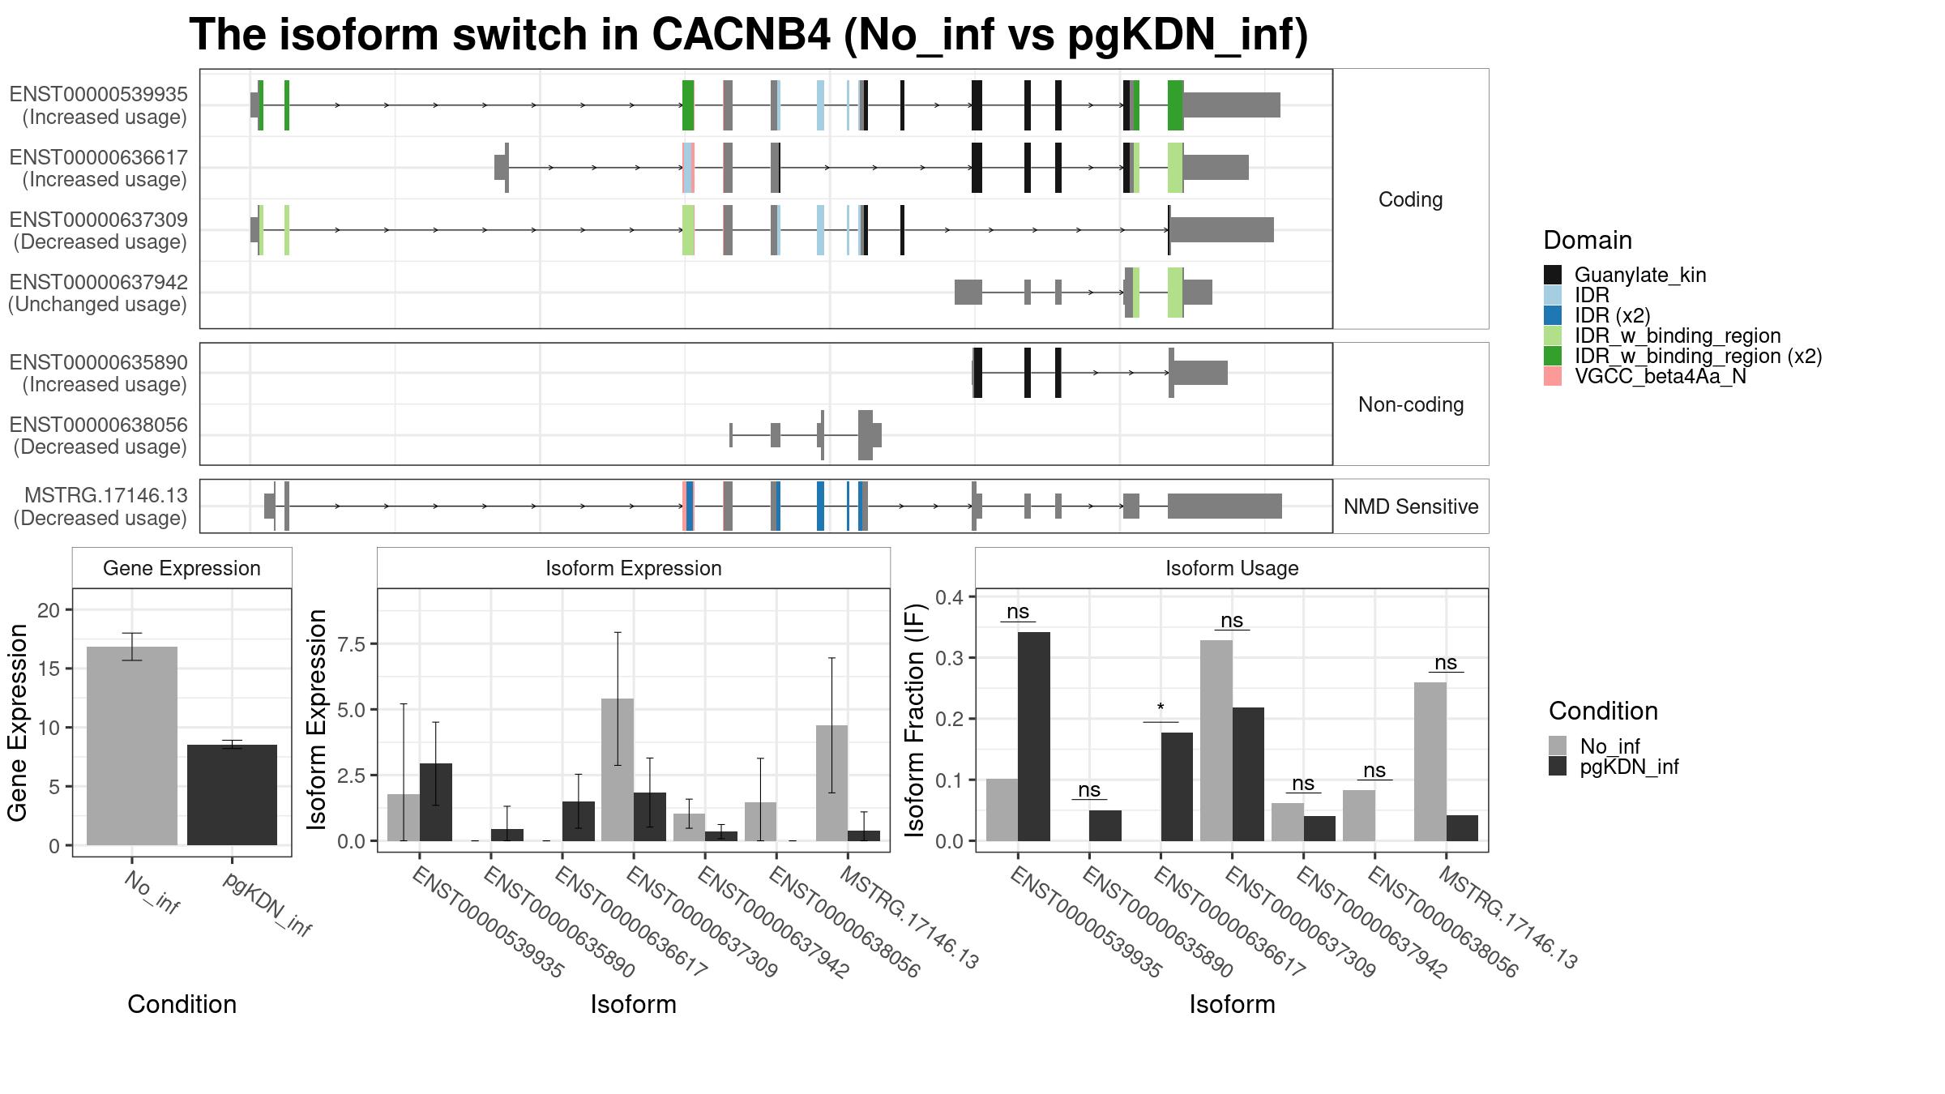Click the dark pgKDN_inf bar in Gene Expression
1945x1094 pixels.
tap(232, 795)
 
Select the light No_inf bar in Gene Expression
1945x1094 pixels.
tap(132, 746)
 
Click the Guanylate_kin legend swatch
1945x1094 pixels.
tap(1553, 275)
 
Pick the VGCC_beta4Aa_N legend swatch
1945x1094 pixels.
tap(1553, 376)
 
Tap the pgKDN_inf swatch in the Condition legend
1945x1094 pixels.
tap(1558, 767)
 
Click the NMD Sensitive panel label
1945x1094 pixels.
tap(1411, 506)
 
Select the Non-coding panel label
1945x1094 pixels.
tap(1411, 404)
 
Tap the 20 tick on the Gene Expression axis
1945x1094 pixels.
tap(49, 610)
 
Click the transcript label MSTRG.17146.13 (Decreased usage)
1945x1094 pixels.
tap(100, 506)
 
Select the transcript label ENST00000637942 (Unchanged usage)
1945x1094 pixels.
tap(98, 293)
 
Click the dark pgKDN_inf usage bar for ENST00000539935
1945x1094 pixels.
tap(1034, 737)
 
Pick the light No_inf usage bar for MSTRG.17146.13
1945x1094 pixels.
tap(1430, 762)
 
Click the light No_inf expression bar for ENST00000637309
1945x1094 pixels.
tap(618, 770)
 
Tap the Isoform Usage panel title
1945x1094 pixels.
tap(1232, 568)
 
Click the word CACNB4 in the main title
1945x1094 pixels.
tap(740, 35)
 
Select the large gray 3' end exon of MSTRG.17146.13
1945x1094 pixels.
tap(1225, 506)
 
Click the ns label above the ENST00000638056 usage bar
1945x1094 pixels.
tap(1374, 770)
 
